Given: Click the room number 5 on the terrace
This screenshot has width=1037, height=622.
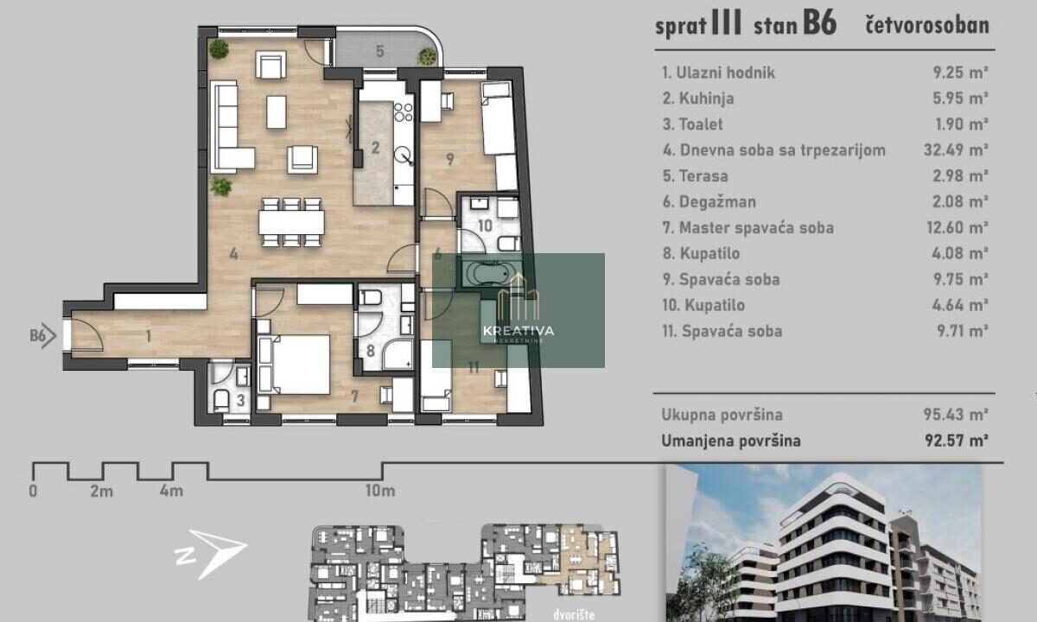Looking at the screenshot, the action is [x=380, y=51].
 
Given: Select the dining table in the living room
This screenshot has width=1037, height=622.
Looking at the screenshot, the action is [x=292, y=222].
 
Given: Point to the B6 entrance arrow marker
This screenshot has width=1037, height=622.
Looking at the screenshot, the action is [x=43, y=335].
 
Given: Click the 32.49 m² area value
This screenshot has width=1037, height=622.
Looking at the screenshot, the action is [x=956, y=150].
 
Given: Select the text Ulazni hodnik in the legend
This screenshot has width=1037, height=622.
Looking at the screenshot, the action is [x=725, y=73].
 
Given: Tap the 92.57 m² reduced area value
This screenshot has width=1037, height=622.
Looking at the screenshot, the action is [x=957, y=440].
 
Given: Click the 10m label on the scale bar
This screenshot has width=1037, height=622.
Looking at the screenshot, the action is [x=380, y=491].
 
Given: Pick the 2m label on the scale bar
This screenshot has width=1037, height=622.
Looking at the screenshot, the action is [x=102, y=491].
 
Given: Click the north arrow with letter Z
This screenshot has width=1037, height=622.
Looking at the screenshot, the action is [x=211, y=555].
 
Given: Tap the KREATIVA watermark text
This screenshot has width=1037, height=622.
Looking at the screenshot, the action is [x=518, y=330].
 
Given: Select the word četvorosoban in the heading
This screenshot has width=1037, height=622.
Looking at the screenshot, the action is [x=927, y=25].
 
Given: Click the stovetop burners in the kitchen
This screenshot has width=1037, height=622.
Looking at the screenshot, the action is [x=404, y=112].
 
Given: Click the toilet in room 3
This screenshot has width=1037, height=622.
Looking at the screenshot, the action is [x=221, y=400].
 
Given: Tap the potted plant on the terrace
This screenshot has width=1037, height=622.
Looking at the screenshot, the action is [x=426, y=56].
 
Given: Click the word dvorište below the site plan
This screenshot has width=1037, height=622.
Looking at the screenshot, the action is [x=574, y=614].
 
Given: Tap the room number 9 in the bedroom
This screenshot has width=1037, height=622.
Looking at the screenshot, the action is [x=450, y=160].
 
